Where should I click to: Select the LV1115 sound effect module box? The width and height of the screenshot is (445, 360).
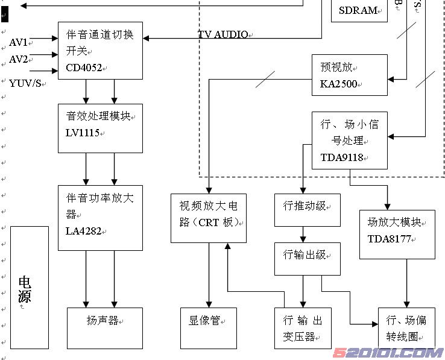(x=100, y=128)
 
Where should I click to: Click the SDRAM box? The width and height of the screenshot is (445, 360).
(x=359, y=10)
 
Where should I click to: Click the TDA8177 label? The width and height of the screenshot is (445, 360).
(x=389, y=238)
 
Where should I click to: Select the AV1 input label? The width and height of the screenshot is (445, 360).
(x=18, y=42)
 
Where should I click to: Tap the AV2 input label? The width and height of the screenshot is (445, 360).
(x=18, y=59)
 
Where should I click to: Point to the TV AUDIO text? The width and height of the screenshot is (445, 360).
(x=222, y=34)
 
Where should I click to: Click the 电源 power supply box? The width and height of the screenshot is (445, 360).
(x=29, y=287)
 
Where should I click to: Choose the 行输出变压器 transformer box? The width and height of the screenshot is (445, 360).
(x=303, y=327)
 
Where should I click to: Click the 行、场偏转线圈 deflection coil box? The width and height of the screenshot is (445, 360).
(x=406, y=327)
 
